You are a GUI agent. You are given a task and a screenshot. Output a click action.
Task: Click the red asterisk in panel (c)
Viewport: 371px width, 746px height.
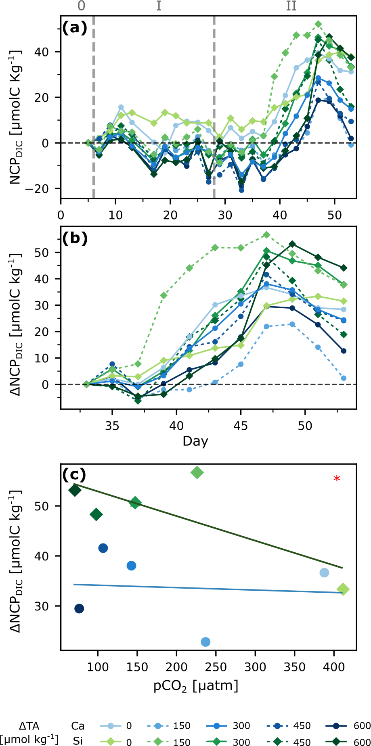337,479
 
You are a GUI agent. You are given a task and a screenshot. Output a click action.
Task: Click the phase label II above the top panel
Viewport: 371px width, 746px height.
291,6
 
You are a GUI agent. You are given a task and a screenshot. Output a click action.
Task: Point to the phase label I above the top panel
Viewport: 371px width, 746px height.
159,6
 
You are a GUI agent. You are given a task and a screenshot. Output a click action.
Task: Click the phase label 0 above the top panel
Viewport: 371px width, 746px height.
82,6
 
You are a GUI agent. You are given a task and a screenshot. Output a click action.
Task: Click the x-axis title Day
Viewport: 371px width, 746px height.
195,441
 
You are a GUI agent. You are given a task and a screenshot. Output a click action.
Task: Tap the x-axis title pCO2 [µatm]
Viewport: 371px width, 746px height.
196,685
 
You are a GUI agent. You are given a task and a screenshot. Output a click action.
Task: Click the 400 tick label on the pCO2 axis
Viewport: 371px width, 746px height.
334,666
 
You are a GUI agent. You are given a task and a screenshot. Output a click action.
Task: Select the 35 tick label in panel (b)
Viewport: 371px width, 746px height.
112,426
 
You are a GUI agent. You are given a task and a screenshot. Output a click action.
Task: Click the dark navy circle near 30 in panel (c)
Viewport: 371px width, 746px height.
79,608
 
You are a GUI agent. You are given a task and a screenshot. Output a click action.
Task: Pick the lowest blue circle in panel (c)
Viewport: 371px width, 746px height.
205,642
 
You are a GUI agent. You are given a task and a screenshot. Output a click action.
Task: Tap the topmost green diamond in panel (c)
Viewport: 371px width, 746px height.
197,472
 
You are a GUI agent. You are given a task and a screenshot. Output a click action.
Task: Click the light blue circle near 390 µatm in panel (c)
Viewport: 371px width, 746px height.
324,573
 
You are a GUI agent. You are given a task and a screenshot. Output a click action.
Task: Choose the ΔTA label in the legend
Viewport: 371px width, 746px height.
29,726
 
